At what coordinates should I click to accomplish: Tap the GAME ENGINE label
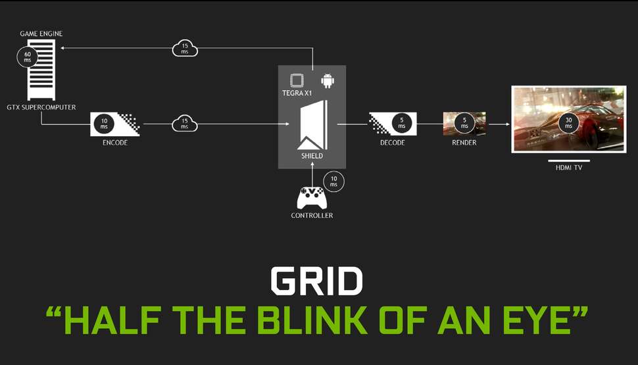point(41,33)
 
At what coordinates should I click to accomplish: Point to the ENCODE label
point(115,142)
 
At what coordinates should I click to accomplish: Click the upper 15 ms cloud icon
point(185,48)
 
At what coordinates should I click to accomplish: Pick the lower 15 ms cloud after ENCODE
point(185,123)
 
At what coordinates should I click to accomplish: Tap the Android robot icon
point(327,80)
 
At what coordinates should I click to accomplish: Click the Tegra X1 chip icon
point(297,81)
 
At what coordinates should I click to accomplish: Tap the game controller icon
point(311,197)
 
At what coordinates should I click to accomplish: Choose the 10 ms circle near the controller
point(333,181)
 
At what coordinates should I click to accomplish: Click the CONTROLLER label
point(312,215)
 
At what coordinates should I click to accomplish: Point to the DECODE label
point(392,142)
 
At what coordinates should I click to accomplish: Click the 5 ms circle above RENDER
point(464,123)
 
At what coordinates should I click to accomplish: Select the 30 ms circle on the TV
point(567,122)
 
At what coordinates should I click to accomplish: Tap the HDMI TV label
point(568,168)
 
